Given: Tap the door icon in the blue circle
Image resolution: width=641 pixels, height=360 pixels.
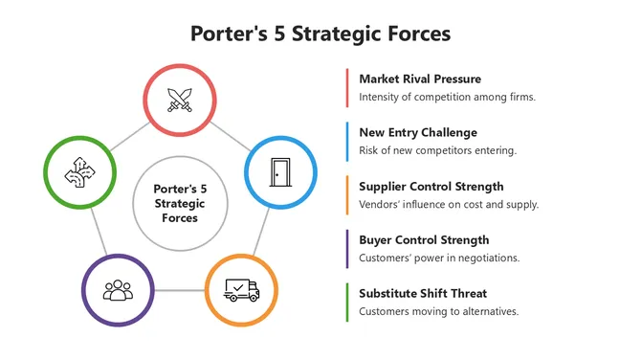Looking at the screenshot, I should pos(280,172).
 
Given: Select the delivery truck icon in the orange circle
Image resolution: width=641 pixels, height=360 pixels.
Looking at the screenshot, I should pos(242,289).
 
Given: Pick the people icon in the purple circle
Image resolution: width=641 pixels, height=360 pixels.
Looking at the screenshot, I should pos(118,289).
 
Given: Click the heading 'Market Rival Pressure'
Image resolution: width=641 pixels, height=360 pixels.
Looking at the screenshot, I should pos(420,79).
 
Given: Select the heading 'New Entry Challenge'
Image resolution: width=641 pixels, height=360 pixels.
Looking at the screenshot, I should pos(418,132).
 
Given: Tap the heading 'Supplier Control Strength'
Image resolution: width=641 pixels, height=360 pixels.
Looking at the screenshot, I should pos(431,186).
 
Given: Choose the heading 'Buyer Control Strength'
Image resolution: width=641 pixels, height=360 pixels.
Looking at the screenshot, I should pos(424,239).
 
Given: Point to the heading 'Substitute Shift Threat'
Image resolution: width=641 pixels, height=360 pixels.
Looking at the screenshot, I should pos(424,293).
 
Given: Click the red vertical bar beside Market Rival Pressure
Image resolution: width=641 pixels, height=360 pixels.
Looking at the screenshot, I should pos(346,87).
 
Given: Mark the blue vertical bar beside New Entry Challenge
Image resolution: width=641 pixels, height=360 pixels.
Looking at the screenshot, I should pos(346,141).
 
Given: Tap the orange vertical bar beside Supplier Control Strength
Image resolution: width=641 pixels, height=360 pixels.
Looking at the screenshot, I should pos(346,194).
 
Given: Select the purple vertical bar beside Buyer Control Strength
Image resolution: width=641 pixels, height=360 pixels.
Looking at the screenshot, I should pos(346,248).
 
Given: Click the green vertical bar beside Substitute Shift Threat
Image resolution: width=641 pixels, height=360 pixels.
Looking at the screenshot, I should pos(346,302).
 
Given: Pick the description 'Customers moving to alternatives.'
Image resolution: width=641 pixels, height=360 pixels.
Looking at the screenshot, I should pos(439,311).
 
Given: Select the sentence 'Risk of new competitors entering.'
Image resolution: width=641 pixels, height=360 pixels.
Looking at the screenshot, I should pos(438,150).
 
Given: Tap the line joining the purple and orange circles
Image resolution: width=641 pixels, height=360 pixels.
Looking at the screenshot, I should pos(180,289).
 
